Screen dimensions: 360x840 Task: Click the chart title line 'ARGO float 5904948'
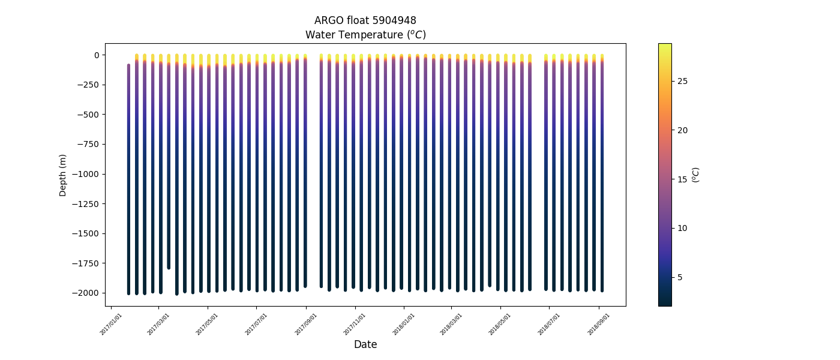[365, 21]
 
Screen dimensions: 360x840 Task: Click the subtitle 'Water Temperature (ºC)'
[365, 35]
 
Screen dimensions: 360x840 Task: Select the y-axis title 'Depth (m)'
[63, 175]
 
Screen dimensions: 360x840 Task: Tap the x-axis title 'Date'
[365, 344]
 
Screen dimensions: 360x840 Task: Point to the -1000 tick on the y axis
[86, 174]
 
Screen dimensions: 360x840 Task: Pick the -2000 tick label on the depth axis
[86, 293]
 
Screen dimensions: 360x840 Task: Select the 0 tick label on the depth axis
[96, 55]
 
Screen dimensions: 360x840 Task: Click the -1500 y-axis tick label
[86, 233]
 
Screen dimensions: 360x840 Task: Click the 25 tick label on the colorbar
[682, 81]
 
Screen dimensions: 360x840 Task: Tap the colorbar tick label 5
[679, 277]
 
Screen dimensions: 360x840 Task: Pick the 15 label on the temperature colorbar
[682, 179]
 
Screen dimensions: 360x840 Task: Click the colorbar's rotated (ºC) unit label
[696, 175]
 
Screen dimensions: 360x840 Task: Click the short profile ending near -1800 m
[169, 180]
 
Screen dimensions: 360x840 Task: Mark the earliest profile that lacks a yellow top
[129, 180]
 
